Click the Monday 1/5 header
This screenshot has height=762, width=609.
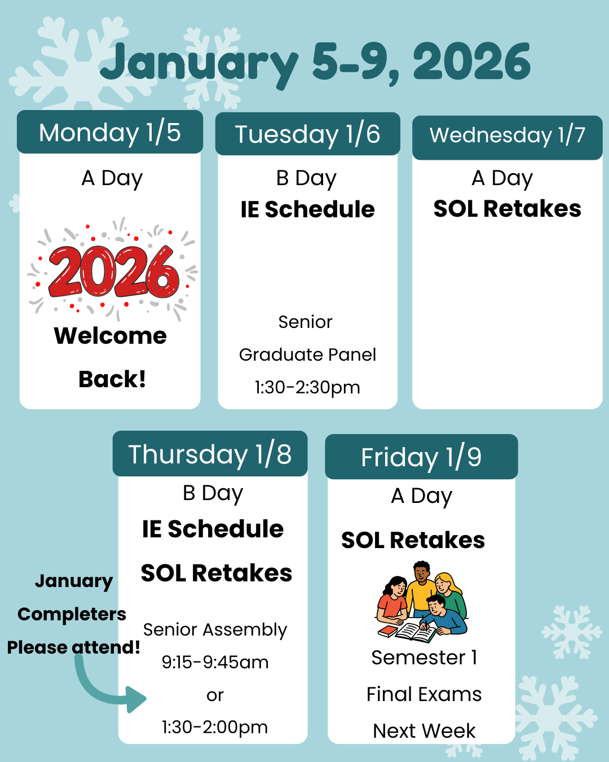click(110, 133)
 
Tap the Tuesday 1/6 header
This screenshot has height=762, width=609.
click(307, 134)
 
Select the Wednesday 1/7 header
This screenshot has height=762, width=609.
click(507, 135)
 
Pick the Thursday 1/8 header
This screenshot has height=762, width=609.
click(210, 454)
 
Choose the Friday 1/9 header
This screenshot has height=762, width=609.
click(421, 457)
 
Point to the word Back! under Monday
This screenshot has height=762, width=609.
click(112, 379)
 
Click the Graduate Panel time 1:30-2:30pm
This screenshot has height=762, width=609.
click(307, 387)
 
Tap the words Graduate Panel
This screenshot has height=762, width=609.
click(307, 354)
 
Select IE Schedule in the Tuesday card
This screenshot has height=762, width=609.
click(307, 209)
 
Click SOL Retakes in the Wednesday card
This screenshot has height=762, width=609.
click(507, 209)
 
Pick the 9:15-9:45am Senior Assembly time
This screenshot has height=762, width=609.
click(215, 662)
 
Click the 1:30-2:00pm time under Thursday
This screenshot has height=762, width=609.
click(215, 727)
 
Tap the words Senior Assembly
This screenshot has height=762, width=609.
click(215, 629)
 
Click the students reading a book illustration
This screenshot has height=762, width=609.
click(422, 602)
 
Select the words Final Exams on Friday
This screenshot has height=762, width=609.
click(424, 694)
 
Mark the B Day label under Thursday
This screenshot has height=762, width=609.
click(213, 493)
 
